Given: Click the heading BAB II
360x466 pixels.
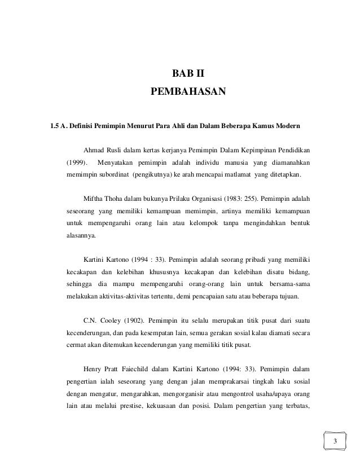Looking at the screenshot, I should pos(188,73).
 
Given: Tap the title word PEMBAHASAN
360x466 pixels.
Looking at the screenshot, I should pos(188,91).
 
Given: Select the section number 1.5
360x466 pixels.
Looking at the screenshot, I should pos(55,124).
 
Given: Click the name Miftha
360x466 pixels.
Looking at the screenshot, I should pos(94,199).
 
